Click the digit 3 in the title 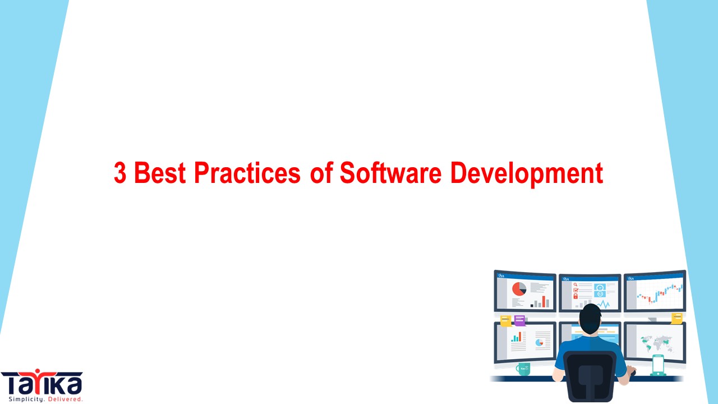(119, 173)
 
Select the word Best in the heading (161, 173)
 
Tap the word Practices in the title (247, 173)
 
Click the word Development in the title (527, 173)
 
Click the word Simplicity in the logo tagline (21, 399)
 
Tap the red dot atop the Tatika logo (39, 371)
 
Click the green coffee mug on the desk (523, 369)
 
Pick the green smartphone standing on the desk (657, 365)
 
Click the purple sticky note (520, 320)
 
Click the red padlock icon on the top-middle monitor (576, 296)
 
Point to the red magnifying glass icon (576, 284)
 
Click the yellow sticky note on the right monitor (677, 318)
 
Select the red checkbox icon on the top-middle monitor (576, 290)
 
